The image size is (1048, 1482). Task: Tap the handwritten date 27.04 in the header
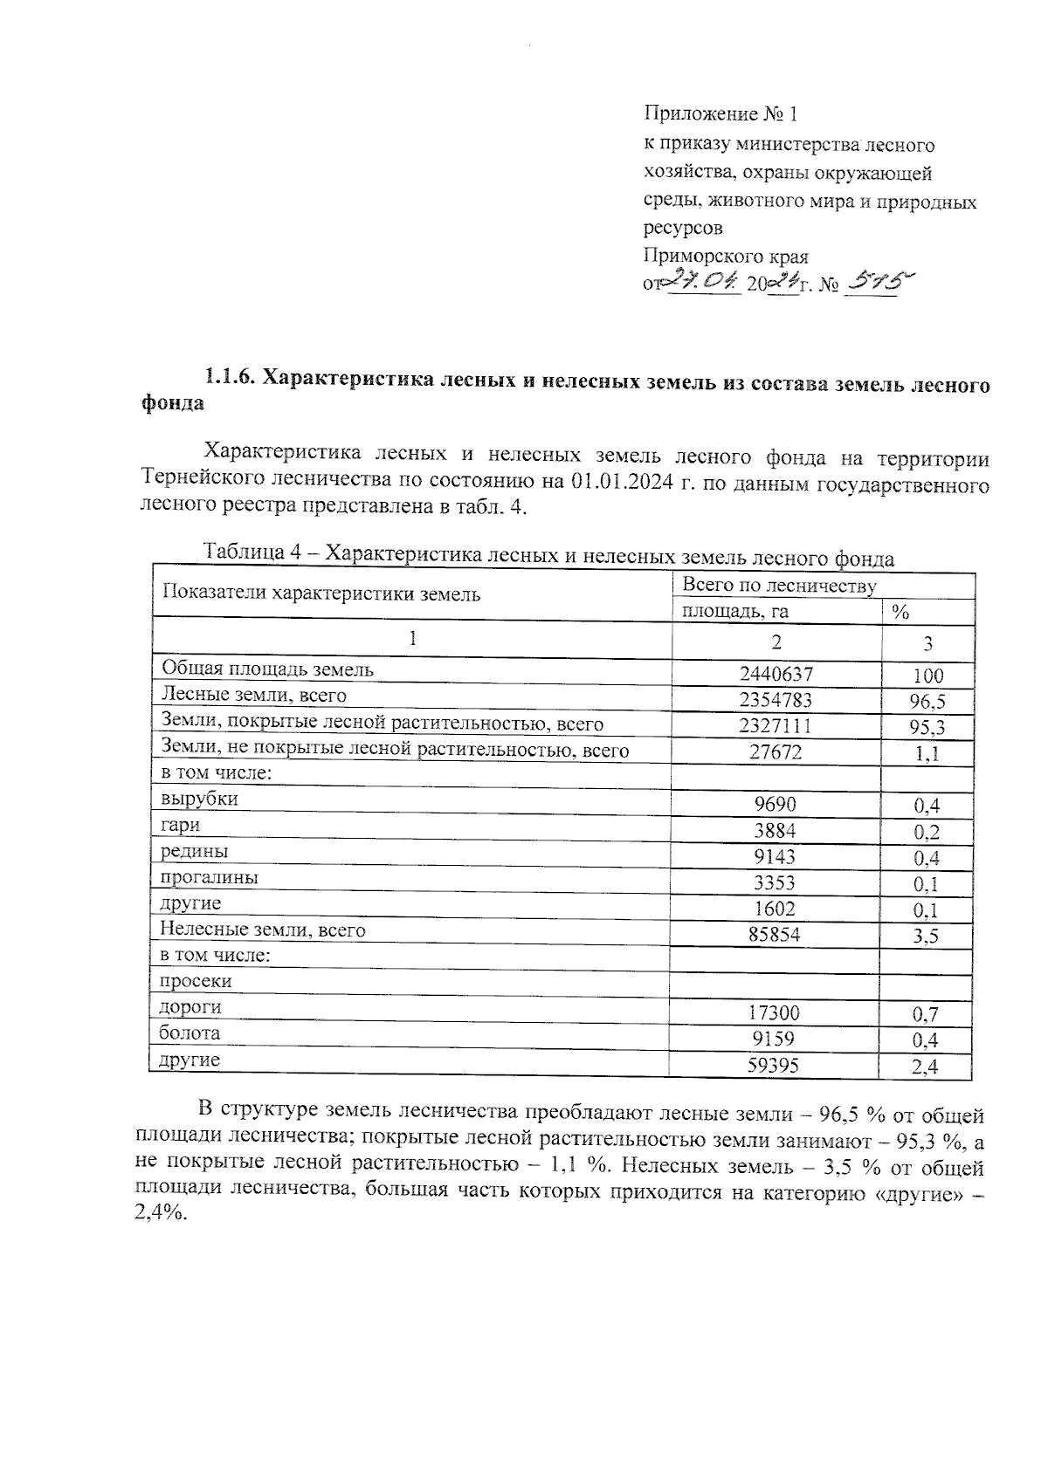(x=705, y=281)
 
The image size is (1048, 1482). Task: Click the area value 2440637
(x=776, y=674)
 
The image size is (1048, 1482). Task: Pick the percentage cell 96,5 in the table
(x=927, y=701)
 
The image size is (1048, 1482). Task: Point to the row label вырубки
(x=199, y=799)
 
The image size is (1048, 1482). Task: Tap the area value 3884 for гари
(x=776, y=831)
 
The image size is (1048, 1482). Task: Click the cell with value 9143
(x=776, y=857)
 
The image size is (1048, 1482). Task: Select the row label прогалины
(x=209, y=877)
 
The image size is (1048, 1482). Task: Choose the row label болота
(x=190, y=1033)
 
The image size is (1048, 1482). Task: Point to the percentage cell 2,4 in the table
(x=926, y=1066)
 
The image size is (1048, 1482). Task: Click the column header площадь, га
(x=734, y=612)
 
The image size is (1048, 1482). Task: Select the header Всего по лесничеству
(x=779, y=586)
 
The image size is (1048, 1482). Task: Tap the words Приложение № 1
(x=721, y=113)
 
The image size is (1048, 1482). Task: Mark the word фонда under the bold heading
(x=172, y=404)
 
